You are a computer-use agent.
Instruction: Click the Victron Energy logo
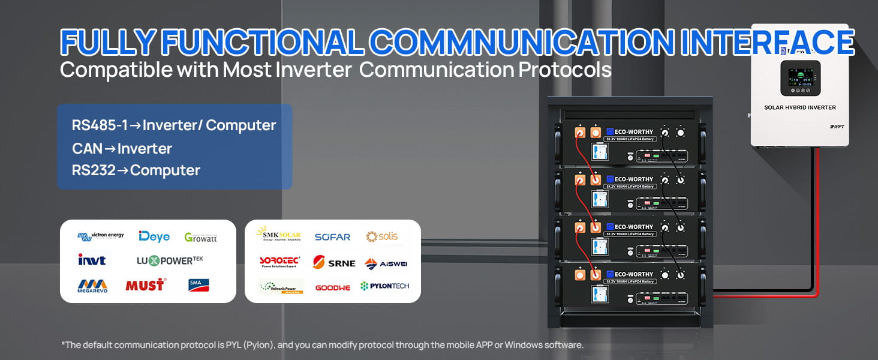click(100, 236)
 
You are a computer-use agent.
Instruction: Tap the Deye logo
click(154, 236)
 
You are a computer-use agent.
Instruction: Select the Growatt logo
click(200, 237)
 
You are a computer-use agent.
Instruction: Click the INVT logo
click(92, 260)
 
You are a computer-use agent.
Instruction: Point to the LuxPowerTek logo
click(170, 260)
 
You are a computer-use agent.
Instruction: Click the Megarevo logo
click(92, 285)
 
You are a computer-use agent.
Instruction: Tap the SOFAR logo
click(332, 237)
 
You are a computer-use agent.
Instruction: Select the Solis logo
click(382, 236)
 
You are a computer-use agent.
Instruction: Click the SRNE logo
click(334, 263)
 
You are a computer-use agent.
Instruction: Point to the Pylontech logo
click(384, 286)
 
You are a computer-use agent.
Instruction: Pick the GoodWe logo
click(332, 287)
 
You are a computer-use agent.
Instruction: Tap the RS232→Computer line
click(136, 170)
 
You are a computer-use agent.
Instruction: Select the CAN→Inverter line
click(122, 149)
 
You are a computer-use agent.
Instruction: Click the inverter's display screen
click(800, 77)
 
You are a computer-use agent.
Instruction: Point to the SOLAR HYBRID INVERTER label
click(799, 108)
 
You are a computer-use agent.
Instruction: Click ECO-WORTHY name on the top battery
click(629, 131)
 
